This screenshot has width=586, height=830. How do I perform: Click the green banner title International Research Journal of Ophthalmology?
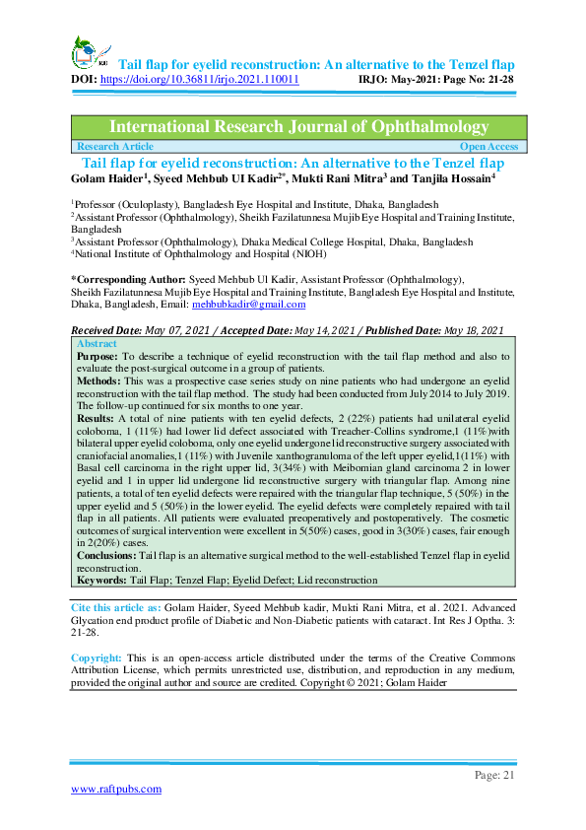point(298,127)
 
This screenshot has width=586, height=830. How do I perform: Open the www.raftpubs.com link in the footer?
point(115,789)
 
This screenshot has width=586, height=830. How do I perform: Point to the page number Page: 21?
point(494,776)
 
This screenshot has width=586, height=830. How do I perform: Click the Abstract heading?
point(97,344)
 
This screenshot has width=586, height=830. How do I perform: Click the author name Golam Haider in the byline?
point(108,177)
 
